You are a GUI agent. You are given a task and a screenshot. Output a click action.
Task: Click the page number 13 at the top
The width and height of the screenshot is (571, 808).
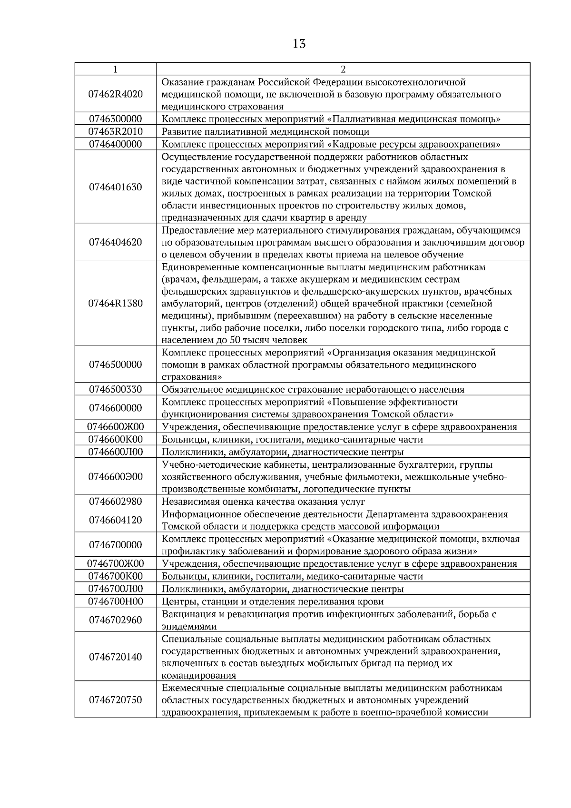299,44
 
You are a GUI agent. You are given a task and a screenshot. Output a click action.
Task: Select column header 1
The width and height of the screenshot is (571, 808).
115,69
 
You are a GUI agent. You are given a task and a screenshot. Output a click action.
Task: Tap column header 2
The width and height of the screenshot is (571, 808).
343,69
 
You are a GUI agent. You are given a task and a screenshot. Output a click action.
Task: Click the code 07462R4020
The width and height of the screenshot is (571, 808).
115,94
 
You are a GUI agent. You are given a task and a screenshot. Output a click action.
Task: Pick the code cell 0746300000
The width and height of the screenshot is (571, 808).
115,119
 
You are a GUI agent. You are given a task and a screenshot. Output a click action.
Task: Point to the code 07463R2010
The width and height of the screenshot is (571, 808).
115,132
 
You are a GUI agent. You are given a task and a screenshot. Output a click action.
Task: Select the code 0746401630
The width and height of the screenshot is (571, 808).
115,187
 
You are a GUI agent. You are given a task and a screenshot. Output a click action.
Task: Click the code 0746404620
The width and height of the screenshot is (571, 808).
115,242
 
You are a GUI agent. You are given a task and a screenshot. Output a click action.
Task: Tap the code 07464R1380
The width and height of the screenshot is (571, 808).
115,304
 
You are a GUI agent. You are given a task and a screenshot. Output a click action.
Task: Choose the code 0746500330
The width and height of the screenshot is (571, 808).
115,389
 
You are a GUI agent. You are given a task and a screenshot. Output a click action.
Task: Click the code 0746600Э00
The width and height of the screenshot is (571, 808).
115,477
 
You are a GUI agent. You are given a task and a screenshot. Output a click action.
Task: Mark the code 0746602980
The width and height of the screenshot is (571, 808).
115,502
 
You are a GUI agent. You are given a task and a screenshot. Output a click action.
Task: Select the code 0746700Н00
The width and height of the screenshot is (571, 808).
115,601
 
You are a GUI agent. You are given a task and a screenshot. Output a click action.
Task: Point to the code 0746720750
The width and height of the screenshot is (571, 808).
115,700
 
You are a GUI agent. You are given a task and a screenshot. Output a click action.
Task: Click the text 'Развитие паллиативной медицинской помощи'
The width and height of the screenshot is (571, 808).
266,132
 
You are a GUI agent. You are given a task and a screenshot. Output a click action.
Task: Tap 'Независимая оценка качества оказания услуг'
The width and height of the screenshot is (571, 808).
263,502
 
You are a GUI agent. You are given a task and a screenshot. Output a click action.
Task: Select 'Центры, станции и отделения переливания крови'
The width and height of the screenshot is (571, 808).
273,601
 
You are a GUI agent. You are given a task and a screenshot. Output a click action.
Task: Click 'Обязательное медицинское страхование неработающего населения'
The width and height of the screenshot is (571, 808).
313,389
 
